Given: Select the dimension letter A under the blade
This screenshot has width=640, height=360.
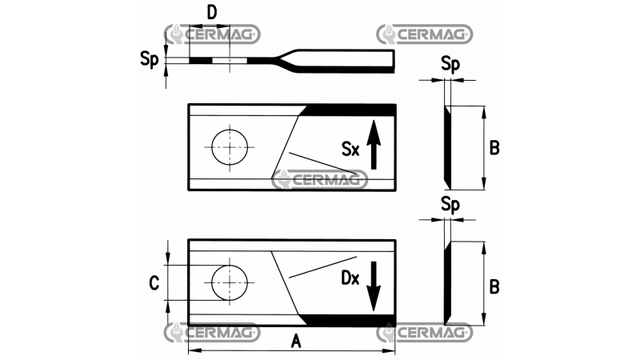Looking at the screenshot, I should coord(295,342).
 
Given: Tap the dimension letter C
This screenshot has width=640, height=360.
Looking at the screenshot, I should coord(155,282).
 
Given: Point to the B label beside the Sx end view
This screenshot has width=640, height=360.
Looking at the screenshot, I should coord(494,148).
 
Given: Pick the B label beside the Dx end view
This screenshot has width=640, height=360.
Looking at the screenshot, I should coord(494,285).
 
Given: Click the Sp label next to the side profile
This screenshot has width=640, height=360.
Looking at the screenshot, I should coord(148,58).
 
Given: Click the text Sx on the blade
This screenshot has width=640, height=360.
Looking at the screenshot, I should coord(350,149).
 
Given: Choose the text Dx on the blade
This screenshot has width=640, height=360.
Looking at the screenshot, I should coord(349,280).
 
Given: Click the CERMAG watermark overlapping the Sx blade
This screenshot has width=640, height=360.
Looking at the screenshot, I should coord(319,180).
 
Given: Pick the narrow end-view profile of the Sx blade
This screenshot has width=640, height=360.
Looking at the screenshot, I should coord(447,148).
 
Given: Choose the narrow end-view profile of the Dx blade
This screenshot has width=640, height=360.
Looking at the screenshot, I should coord(447,284).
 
